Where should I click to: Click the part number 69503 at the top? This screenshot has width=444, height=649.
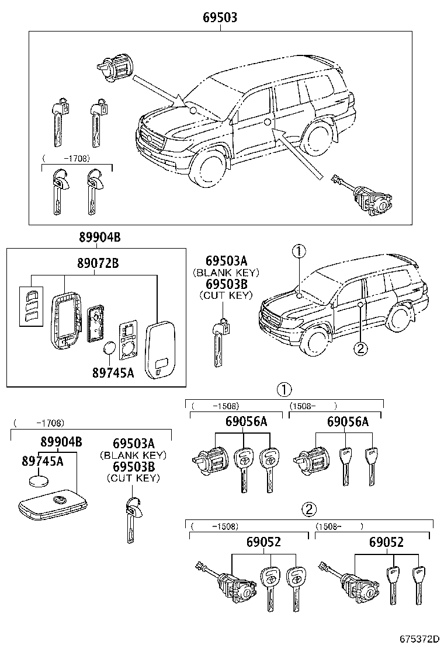coord(220,18)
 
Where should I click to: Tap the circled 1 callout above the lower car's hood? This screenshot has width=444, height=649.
coord(299,252)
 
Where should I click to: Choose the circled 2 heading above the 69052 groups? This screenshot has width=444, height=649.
coord(310,510)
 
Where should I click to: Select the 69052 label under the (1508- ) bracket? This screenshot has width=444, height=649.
coord(386,542)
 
